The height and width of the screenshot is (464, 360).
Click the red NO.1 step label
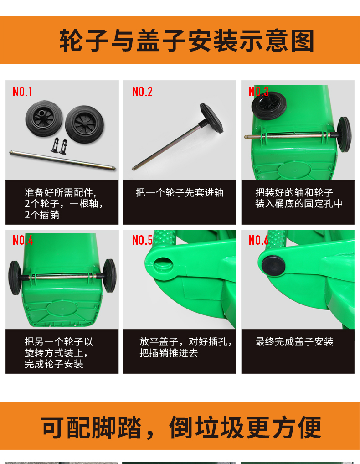coord(22,92)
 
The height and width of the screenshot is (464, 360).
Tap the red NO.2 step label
coord(143,92)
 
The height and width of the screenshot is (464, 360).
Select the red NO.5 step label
coord(143,240)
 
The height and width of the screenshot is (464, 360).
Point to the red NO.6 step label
coord(258,240)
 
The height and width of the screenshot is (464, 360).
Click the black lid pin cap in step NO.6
coord(273,265)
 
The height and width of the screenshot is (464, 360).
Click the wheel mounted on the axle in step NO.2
coord(211,118)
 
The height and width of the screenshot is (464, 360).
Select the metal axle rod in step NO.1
coord(62,160)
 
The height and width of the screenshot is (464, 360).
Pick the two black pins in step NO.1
coord(59,145)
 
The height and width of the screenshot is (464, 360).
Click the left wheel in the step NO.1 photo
coord(44,119)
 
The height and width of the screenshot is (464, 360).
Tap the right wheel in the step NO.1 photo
coord(85,124)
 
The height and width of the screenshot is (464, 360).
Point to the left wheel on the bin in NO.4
coord(15,278)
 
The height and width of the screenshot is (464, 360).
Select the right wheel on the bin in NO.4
coord(110,275)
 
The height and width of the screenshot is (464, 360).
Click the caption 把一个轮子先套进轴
coord(180,193)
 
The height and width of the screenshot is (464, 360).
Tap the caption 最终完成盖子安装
coord(294,342)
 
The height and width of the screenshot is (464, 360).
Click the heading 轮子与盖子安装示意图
coord(187,41)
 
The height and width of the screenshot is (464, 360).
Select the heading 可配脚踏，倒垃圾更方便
coord(181,427)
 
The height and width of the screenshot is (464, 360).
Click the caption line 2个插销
coord(42,215)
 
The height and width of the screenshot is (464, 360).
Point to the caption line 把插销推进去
coord(169,353)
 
